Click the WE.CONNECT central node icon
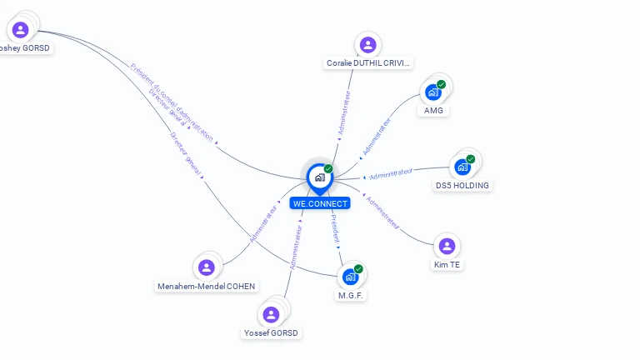click(319, 177)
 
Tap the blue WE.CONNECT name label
click(320, 203)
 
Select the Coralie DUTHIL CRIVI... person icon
click(367, 45)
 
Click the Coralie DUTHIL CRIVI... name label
click(369, 63)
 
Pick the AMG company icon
click(433, 92)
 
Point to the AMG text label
click(433, 111)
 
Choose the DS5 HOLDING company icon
click(462, 167)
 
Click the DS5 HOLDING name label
click(462, 185)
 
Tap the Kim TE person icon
click(447, 246)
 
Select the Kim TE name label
click(447, 265)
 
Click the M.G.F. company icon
click(351, 277)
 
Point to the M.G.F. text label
click(351, 295)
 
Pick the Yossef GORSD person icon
click(271, 314)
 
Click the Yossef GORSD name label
click(271, 333)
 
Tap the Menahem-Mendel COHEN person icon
click(207, 267)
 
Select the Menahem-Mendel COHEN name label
click(207, 287)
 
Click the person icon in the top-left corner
click(20, 30)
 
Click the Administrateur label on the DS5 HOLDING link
click(391, 173)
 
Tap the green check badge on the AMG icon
click(442, 84)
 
